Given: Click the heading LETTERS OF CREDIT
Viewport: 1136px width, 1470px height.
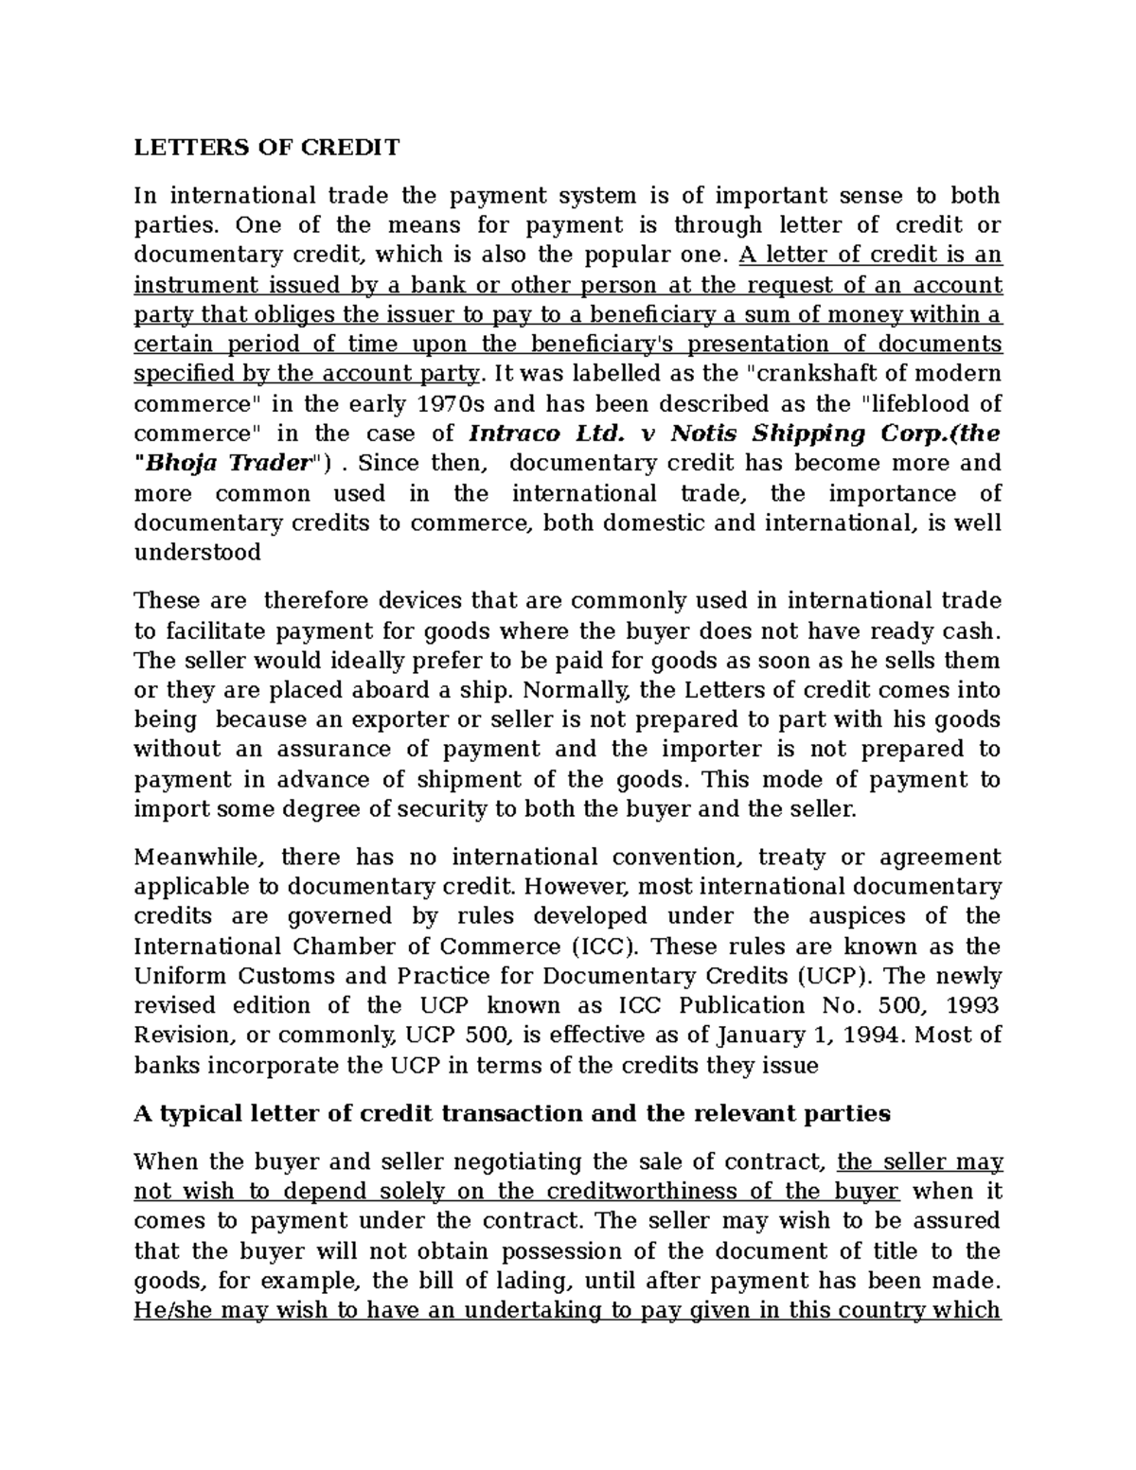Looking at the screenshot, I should tap(267, 148).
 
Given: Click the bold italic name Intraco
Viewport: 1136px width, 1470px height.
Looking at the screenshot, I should tap(516, 434).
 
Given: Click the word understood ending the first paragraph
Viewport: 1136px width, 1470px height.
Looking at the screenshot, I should tap(197, 553).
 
